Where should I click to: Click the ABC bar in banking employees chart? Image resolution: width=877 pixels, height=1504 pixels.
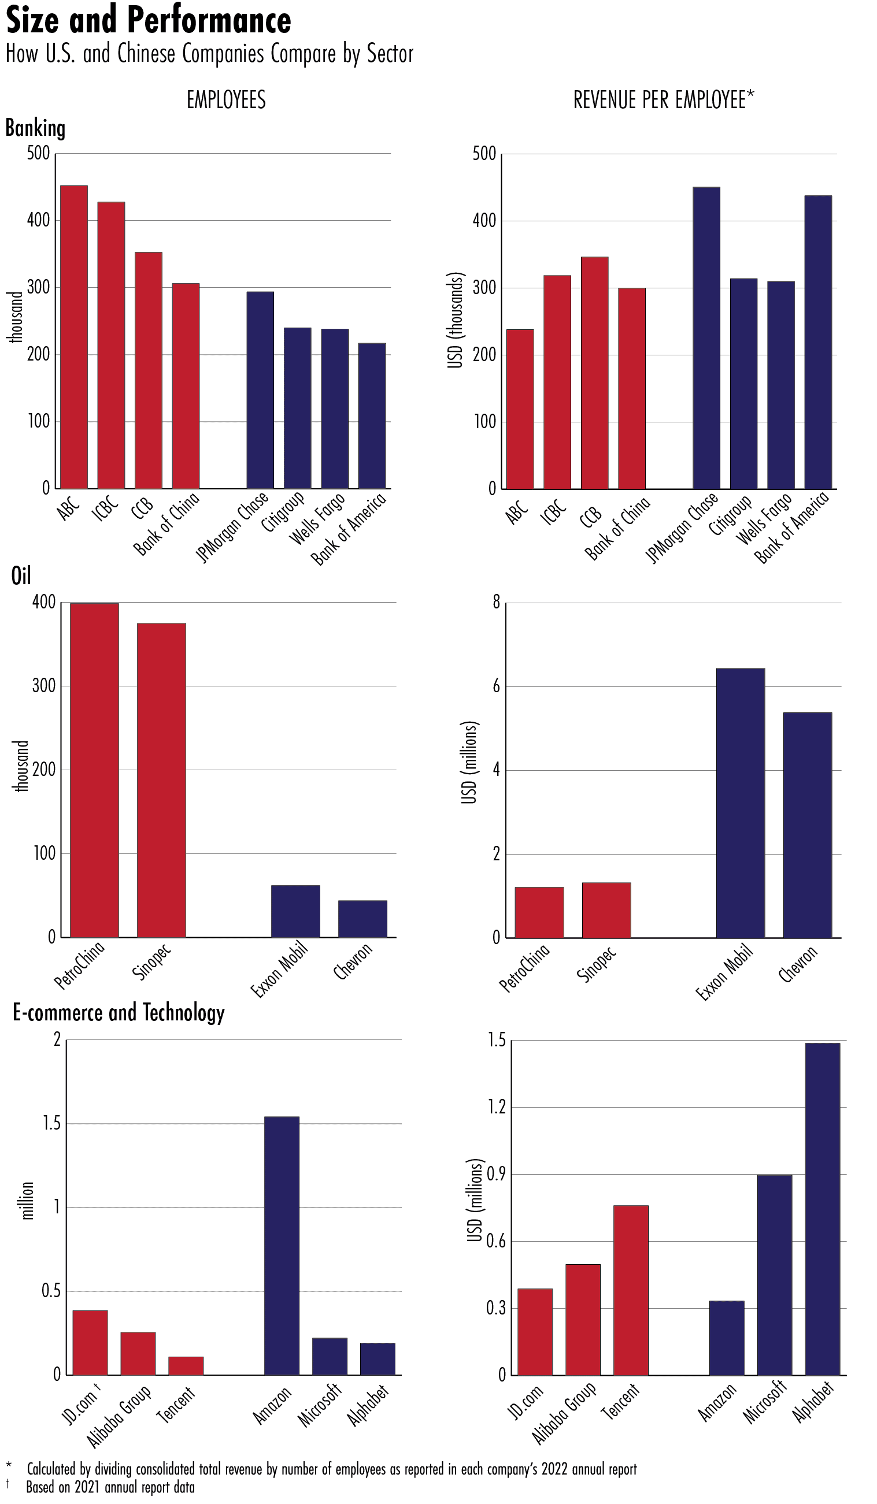tap(74, 337)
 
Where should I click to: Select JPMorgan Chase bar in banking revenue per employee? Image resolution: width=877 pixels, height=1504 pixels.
tap(706, 339)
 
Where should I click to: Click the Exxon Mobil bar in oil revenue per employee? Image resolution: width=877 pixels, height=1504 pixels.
tap(741, 803)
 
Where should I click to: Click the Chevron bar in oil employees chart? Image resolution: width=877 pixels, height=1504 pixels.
tap(362, 919)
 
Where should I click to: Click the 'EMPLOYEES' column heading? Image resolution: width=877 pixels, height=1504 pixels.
tap(226, 100)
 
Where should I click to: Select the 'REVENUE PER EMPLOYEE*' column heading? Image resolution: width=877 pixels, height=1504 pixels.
tap(663, 100)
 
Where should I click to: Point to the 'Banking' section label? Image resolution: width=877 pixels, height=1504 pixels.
tap(35, 128)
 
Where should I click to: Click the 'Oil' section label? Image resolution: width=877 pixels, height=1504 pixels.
tap(21, 576)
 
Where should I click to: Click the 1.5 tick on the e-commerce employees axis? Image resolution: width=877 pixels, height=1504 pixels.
tap(51, 1124)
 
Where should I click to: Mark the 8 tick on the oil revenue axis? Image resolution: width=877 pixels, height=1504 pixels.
tap(496, 602)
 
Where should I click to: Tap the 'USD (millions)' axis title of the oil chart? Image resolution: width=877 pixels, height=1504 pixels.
tap(470, 763)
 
